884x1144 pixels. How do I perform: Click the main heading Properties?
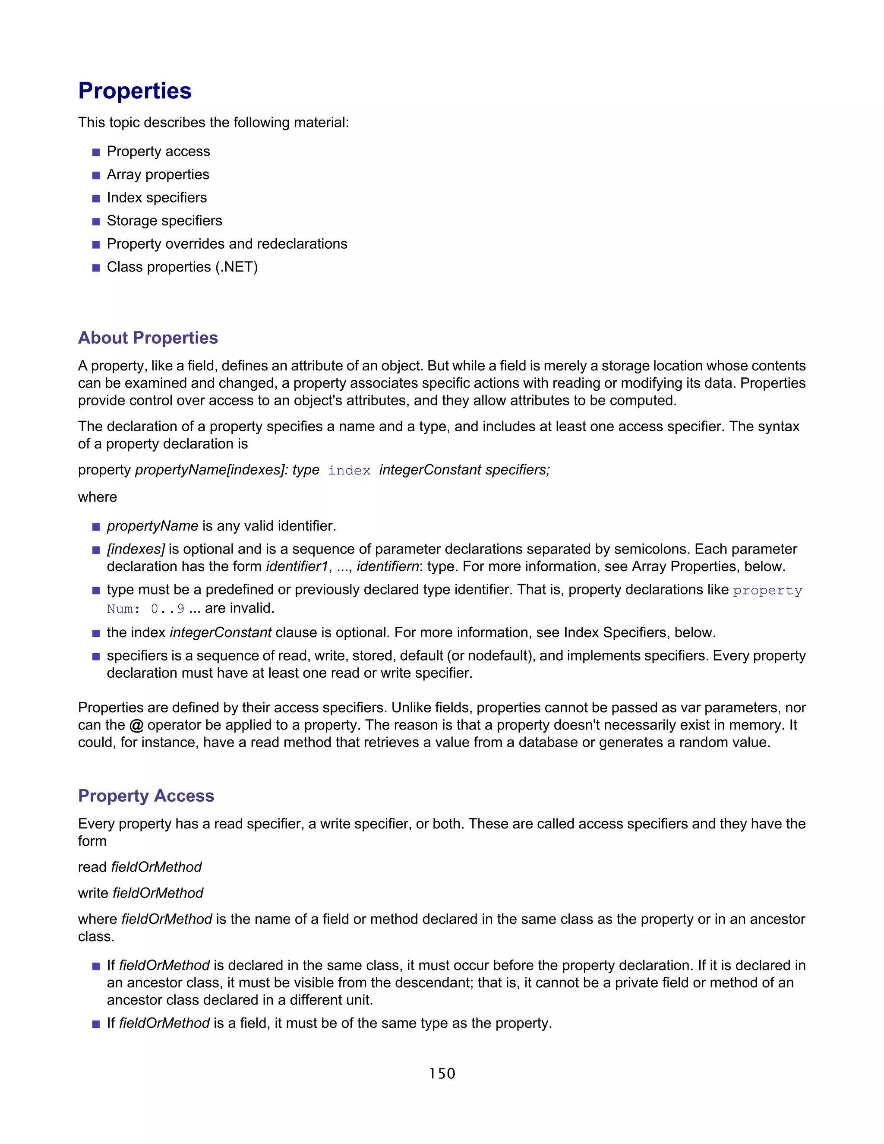pos(135,91)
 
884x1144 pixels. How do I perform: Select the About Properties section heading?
pos(148,338)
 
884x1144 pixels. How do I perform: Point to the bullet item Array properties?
pos(158,174)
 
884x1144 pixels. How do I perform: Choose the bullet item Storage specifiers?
pos(164,221)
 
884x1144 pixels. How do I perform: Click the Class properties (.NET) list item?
pos(182,267)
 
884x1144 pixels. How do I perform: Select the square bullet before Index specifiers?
pos(96,199)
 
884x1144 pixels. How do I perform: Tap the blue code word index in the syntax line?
pos(349,471)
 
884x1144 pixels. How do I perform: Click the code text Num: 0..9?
pos(145,609)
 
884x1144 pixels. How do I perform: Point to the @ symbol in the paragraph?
pos(136,726)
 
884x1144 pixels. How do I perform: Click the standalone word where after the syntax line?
pos(98,497)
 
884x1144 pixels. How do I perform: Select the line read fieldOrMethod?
pos(139,867)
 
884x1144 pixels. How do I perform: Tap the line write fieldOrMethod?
pos(140,893)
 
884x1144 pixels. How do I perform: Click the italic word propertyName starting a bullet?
pos(152,526)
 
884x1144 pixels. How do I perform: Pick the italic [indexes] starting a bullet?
pos(136,549)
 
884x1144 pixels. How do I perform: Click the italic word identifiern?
pos(388,567)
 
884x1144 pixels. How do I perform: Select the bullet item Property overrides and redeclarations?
pos(227,244)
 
